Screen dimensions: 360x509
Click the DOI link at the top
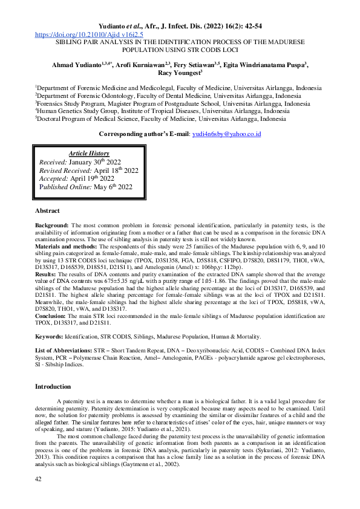89,35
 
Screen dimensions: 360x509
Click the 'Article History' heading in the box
89,154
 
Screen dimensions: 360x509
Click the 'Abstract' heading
47,210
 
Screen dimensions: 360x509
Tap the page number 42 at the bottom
39,496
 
